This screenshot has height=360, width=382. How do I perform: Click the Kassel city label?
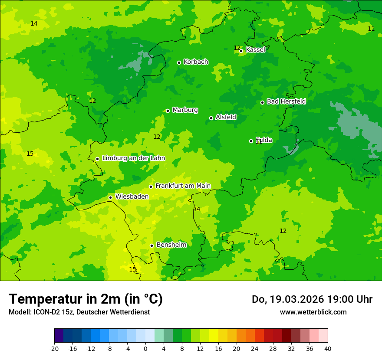(255, 50)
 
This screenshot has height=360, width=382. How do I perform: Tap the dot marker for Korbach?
(179, 62)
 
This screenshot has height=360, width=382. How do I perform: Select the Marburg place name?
(185, 110)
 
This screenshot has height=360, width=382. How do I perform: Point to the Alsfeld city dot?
(211, 118)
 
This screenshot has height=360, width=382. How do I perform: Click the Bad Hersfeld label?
(286, 101)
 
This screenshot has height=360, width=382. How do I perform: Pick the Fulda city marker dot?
(251, 141)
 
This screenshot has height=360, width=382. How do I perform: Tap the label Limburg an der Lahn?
(133, 158)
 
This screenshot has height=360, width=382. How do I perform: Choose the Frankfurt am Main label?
(183, 186)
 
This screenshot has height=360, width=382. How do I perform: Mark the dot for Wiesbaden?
(110, 197)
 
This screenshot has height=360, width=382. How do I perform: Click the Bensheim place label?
(171, 245)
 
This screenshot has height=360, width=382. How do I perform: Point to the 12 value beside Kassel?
(237, 48)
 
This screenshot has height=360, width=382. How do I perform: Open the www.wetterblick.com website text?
(313, 312)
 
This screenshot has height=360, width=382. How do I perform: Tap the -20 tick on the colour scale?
(54, 348)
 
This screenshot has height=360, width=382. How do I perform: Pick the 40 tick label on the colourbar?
(328, 348)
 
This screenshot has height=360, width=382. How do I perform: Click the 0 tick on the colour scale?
(145, 348)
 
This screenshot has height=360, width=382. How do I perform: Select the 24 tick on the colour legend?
(255, 348)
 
